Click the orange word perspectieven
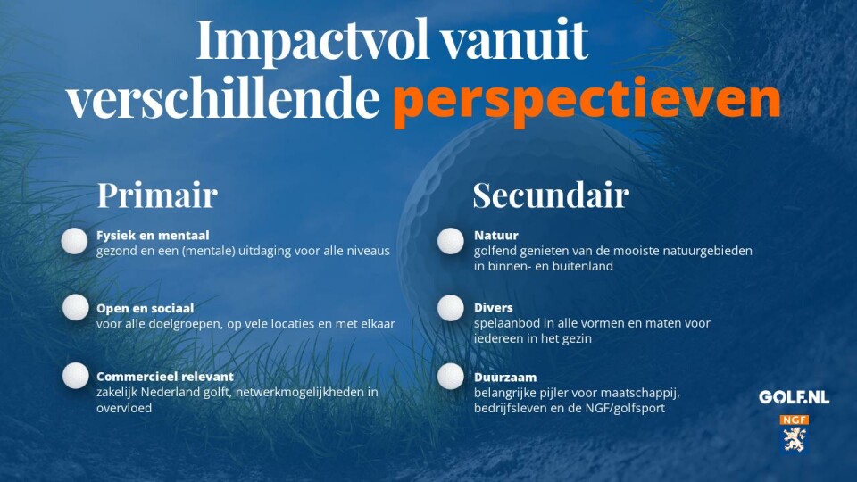point(587,101)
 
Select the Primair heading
point(157,195)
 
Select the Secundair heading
point(551,195)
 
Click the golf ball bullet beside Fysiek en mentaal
point(74,241)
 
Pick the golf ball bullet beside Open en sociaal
point(75,307)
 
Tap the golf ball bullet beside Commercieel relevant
point(75,376)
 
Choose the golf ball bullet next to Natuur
point(450,241)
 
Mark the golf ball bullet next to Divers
point(450,308)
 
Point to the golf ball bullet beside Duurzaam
point(450,377)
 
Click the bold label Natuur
point(495,236)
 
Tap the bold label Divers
point(493,308)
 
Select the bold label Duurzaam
point(505,377)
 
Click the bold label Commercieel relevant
point(165,377)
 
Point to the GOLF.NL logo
point(794,397)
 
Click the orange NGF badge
point(795,420)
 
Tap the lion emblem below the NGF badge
point(795,439)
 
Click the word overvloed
point(124,408)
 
